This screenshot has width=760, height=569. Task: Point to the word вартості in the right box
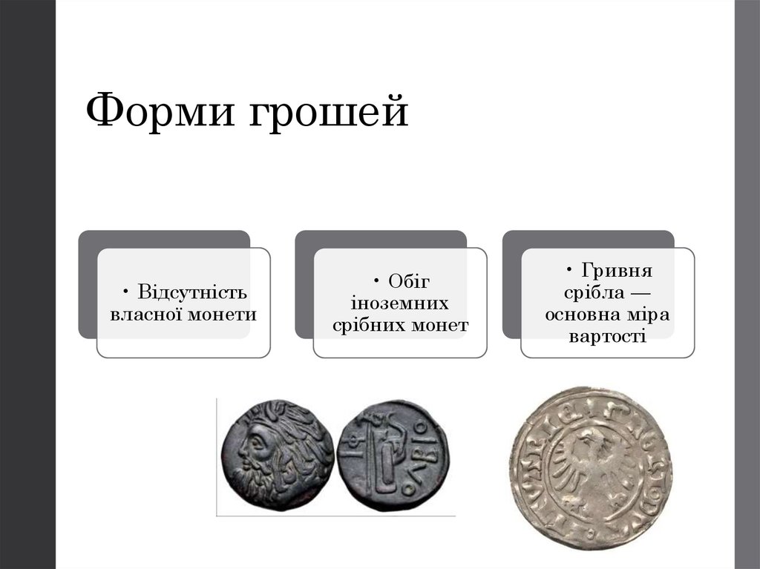tap(608, 336)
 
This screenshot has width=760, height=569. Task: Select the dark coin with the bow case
tap(392, 457)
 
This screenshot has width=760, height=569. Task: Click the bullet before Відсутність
tap(128, 290)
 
